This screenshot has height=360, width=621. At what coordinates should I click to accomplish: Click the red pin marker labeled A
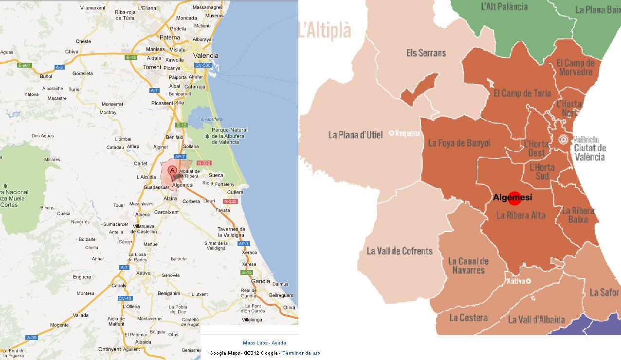coord(172,172)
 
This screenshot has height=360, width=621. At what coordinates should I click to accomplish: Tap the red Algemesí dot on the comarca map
coord(514,198)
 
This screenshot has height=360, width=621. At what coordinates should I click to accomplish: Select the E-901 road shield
coord(24,65)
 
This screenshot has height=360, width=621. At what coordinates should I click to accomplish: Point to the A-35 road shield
coord(32,337)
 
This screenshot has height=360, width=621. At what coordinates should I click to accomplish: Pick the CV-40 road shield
coord(125,298)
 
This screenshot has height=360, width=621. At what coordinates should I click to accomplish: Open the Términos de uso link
coord(301,353)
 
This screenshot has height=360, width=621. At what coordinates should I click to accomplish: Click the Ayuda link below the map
coord(278,343)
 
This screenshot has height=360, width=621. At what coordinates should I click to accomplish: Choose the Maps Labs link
coord(255,343)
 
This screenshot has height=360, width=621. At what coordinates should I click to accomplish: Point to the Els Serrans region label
coord(426,53)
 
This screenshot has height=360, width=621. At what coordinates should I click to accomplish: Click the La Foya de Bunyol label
coord(459,143)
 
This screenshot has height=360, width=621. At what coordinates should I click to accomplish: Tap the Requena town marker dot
coord(392,133)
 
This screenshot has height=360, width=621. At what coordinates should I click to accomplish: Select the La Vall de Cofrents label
coord(399,251)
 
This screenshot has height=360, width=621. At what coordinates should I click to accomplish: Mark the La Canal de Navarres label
coord(468,266)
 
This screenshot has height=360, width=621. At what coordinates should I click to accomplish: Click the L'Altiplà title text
coord(325,30)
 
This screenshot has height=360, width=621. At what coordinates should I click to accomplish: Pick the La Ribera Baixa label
coord(578,215)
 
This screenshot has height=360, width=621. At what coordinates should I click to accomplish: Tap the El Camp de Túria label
coord(522,93)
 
